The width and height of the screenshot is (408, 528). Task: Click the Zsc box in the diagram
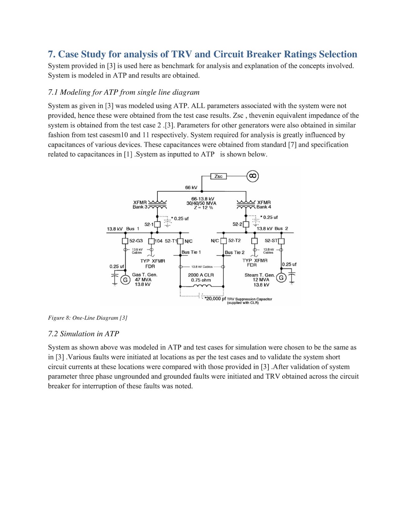[x=218, y=177]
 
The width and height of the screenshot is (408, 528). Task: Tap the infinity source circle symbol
[x=253, y=176]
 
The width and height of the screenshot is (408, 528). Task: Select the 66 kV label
[x=191, y=187]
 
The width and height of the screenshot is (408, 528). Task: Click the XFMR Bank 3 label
[x=140, y=205]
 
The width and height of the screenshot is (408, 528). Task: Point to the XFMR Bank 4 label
[x=264, y=205]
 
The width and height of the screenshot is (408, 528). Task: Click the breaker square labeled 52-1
[x=157, y=224]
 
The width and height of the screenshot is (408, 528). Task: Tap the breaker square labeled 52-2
[x=246, y=224]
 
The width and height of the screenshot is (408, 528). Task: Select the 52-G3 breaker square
[x=125, y=241]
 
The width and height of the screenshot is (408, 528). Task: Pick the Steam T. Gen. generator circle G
[x=281, y=278]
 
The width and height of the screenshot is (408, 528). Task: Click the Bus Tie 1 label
[x=191, y=252]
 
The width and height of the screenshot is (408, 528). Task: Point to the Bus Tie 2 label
[x=235, y=252]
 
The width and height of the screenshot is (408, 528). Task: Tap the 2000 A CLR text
[x=201, y=275]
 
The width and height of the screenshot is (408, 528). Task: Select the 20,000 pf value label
[x=215, y=299]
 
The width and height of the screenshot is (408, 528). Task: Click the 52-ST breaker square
[x=281, y=241]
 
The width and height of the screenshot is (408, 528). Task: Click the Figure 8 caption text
[x=87, y=318]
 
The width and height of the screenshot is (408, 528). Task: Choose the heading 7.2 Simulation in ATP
[x=83, y=334]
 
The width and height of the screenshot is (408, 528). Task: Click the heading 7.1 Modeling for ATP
[x=124, y=92]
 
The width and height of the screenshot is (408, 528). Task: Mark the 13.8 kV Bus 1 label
[x=123, y=229]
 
